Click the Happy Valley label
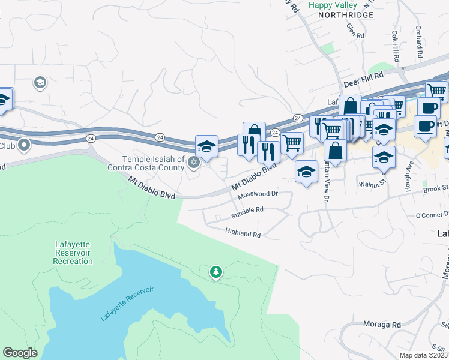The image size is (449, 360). click(333, 5)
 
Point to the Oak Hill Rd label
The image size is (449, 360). click(396, 46)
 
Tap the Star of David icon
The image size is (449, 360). click(193, 161)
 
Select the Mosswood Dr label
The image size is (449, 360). click(258, 194)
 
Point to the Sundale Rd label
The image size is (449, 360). click(247, 209)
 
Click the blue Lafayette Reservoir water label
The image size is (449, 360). click(127, 304)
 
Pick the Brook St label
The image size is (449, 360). click(435, 188)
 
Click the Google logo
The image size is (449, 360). click(20, 352)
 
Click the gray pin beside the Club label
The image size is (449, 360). click(24, 145)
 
